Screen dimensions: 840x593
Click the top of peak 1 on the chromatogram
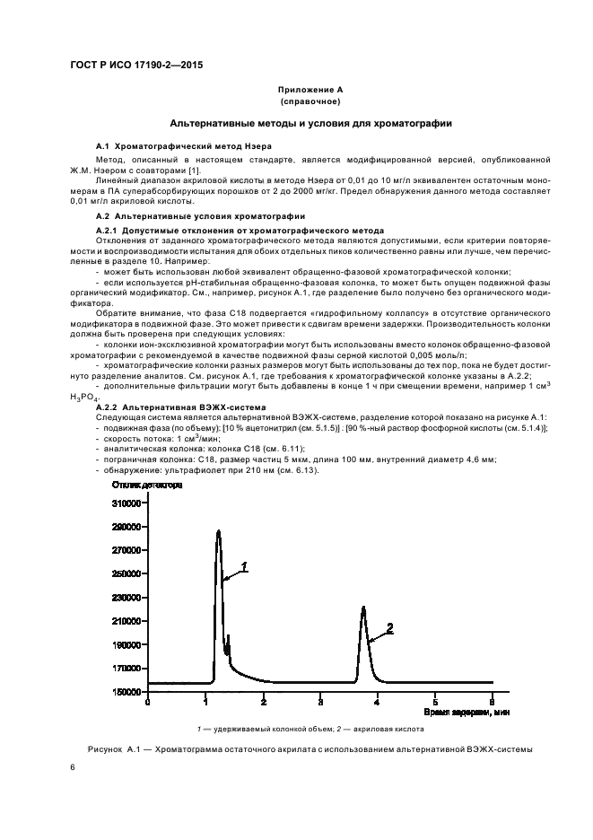coord(218,531)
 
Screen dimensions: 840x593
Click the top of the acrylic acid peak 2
coord(363,608)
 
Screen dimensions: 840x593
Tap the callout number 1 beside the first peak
coord(243,567)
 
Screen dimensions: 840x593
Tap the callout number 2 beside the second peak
coord(389,627)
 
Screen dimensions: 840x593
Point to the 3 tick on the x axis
coord(320,701)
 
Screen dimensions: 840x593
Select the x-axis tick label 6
coord(492,701)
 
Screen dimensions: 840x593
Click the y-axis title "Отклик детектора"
coord(147,485)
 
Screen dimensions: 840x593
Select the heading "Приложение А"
coord(310,90)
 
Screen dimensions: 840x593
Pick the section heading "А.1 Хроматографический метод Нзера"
coord(184,145)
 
